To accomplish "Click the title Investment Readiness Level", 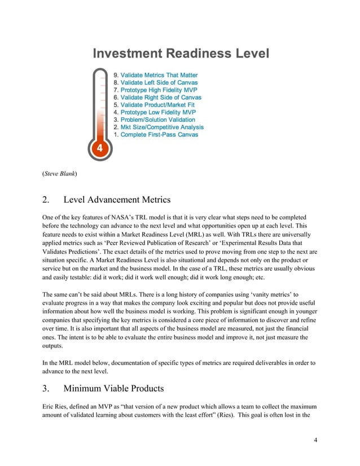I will coord(181,54).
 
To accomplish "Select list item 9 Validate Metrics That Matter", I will coord(156,75).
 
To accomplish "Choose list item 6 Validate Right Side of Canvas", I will coord(157,98).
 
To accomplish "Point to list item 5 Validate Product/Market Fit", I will coord(154,105).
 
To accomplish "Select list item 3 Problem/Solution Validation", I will coord(154,120).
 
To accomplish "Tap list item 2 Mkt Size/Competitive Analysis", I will coord(159,127).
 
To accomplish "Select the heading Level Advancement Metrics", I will coord(117,199).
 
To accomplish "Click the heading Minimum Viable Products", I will coord(117,388).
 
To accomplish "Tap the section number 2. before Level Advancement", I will coord(47,199).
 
